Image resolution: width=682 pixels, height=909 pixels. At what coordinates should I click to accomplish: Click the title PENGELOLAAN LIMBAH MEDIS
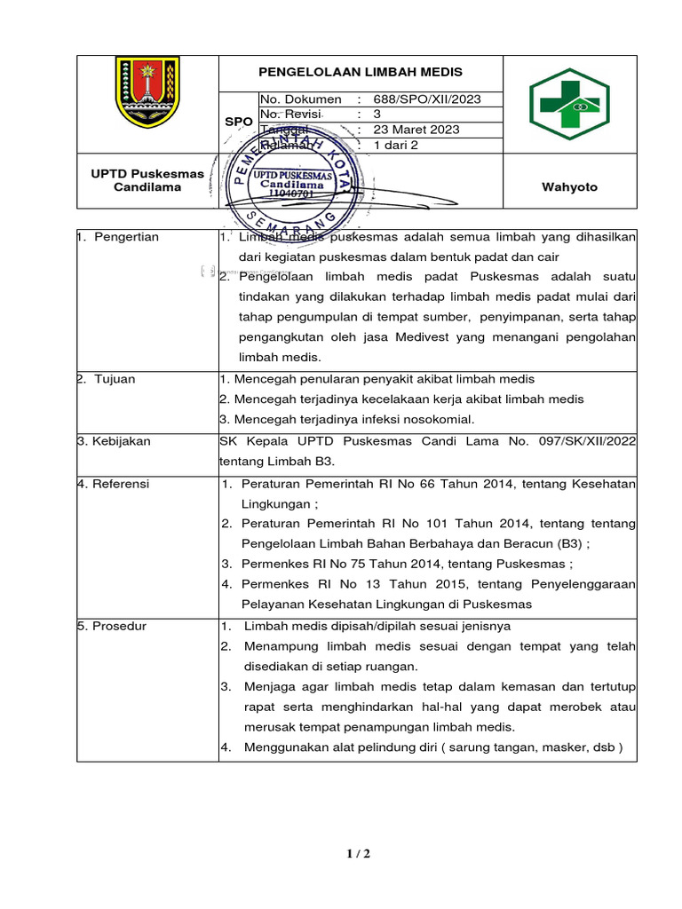click(361, 72)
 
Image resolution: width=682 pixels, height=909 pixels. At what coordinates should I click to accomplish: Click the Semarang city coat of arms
click(147, 92)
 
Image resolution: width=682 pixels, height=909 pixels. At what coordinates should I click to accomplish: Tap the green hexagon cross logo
click(569, 105)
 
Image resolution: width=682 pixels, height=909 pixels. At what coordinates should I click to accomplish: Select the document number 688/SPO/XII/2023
click(427, 99)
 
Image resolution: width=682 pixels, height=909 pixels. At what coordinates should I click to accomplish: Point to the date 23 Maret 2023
click(416, 130)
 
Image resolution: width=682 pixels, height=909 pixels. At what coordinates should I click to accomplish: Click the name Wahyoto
click(569, 187)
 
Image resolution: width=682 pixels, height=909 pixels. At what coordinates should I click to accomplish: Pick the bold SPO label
click(238, 121)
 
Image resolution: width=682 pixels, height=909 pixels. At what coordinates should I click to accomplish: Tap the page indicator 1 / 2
click(358, 854)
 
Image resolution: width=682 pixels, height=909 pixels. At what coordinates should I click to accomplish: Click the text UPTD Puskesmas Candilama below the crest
click(147, 180)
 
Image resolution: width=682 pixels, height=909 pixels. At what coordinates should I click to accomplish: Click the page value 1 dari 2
click(397, 145)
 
